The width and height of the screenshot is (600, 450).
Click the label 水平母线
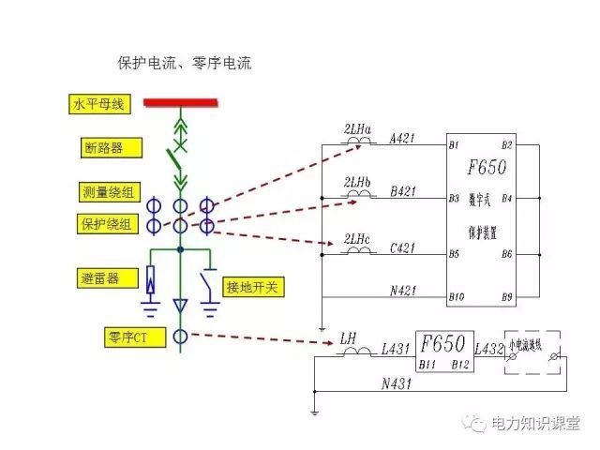point(99,104)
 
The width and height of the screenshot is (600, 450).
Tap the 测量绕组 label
point(107,193)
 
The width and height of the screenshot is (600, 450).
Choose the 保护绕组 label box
point(107,224)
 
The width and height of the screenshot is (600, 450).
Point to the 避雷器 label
point(104,277)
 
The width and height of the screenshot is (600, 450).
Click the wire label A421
point(403,139)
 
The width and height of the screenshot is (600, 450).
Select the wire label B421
point(403,191)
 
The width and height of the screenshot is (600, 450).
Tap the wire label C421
point(403,248)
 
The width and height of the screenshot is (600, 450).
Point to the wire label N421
point(403,291)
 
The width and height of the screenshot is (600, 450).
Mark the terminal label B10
point(457,297)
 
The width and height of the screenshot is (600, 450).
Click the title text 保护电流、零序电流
point(184,64)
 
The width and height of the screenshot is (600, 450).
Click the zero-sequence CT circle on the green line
point(180,335)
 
